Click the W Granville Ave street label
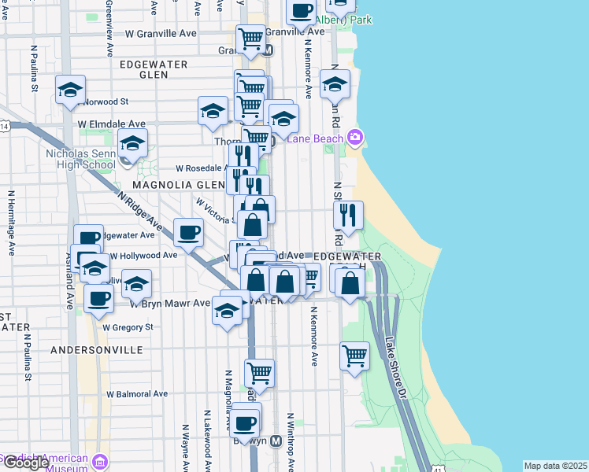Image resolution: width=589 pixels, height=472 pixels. point(161,34)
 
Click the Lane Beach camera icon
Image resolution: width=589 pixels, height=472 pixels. point(355,138)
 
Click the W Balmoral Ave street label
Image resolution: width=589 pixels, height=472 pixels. point(138,393)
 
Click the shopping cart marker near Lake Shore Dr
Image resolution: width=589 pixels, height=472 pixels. point(354,355)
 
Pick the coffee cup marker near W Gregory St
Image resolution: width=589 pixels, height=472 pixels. point(99,298)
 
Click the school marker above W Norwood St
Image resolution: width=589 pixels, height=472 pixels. point(70,89)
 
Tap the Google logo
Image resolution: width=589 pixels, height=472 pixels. point(25,462)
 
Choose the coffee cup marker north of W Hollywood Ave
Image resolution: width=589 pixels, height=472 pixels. point(189,232)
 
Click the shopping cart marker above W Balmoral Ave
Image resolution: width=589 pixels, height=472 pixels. point(258,372)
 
